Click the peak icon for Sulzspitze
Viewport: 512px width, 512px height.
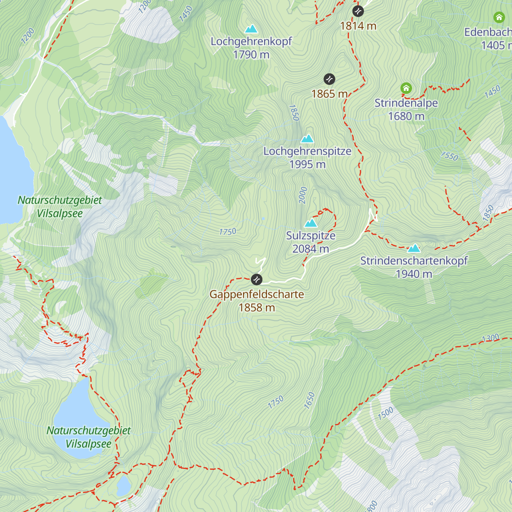pyautogui.click(x=311, y=223)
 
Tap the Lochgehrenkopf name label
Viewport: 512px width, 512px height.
pyautogui.click(x=251, y=41)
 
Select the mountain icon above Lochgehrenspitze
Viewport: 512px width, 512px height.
pyautogui.click(x=307, y=139)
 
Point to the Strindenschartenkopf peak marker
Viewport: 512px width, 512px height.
pyautogui.click(x=413, y=248)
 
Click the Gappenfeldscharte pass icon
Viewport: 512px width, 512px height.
pyautogui.click(x=256, y=279)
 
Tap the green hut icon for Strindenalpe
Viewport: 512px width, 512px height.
pyautogui.click(x=406, y=89)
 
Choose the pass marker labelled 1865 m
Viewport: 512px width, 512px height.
pyautogui.click(x=329, y=79)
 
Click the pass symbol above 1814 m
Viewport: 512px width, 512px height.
pyautogui.click(x=358, y=11)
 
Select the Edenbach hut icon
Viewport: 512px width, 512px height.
pyautogui.click(x=499, y=17)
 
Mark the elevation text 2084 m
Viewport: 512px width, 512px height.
pyautogui.click(x=311, y=249)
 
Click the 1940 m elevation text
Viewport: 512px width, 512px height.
pyautogui.click(x=414, y=274)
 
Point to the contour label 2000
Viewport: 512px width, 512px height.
pyautogui.click(x=303, y=195)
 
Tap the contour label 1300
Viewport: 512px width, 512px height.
pyautogui.click(x=490, y=338)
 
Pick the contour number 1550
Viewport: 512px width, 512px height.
pyautogui.click(x=449, y=156)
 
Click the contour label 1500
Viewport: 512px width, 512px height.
pyautogui.click(x=386, y=413)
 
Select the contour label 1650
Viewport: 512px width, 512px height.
pyautogui.click(x=309, y=401)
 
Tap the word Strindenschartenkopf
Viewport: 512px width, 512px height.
pyautogui.click(x=414, y=261)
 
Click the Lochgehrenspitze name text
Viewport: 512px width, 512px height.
pyautogui.click(x=307, y=151)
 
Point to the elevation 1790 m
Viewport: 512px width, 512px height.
pyautogui.click(x=251, y=55)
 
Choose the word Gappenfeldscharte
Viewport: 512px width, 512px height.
pyautogui.click(x=256, y=294)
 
